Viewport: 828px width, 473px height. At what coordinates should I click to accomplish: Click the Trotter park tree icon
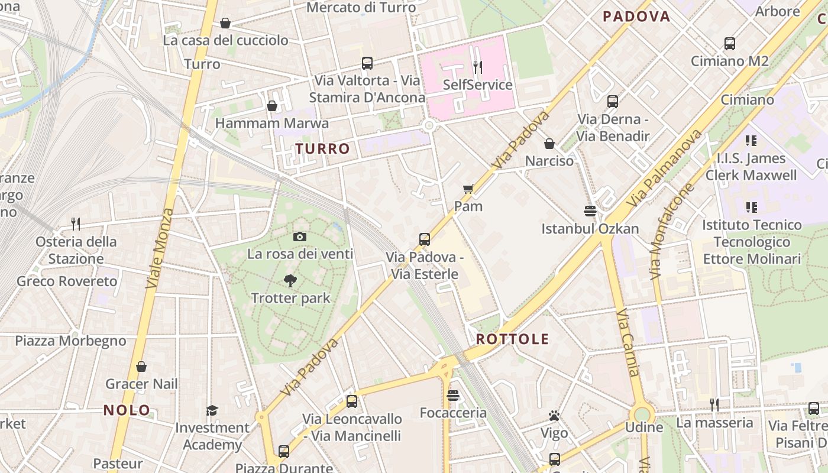click(x=290, y=281)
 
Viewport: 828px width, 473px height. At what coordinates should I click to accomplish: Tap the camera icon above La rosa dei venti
click(x=300, y=237)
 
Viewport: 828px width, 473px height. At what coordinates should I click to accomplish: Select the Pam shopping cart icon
click(x=468, y=189)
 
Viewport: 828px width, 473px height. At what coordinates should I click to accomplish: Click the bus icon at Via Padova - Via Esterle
click(x=425, y=239)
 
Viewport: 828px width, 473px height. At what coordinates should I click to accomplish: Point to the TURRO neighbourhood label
click(x=323, y=148)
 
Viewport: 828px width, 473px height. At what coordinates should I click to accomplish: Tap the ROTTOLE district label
click(x=512, y=339)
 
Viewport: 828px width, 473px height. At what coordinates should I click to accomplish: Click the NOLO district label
click(x=127, y=410)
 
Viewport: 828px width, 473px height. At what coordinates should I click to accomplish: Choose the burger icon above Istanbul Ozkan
click(x=590, y=211)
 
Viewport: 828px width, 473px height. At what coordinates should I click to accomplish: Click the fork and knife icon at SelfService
click(x=478, y=67)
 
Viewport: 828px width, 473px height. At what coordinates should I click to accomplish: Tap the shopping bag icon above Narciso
click(x=549, y=144)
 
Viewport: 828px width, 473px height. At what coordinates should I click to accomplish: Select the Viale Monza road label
click(x=160, y=248)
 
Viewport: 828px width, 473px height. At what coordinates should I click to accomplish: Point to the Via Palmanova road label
click(x=666, y=168)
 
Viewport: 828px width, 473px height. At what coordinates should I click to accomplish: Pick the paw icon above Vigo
click(x=554, y=416)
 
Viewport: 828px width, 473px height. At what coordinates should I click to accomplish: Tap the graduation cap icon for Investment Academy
click(x=212, y=410)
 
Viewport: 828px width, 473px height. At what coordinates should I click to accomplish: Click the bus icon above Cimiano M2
click(x=730, y=43)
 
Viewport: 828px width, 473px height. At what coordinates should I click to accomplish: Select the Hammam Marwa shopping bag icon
click(x=272, y=106)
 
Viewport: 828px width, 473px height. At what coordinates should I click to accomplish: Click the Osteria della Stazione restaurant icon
click(x=76, y=223)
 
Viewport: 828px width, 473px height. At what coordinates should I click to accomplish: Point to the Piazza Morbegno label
click(x=70, y=341)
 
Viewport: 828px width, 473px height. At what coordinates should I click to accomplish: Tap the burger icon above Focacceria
click(x=453, y=396)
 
